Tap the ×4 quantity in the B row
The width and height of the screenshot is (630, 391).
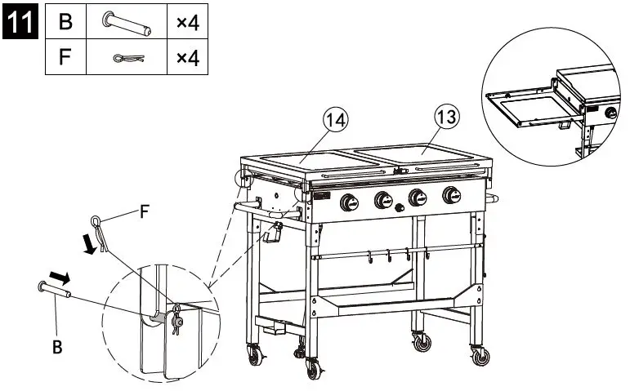point(188,23)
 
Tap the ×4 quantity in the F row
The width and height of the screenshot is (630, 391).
point(188,58)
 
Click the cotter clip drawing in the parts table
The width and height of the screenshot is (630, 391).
point(129,58)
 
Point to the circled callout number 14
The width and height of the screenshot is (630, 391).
point(335,120)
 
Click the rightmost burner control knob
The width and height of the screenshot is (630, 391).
point(451,196)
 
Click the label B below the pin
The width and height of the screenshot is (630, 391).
point(57,347)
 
